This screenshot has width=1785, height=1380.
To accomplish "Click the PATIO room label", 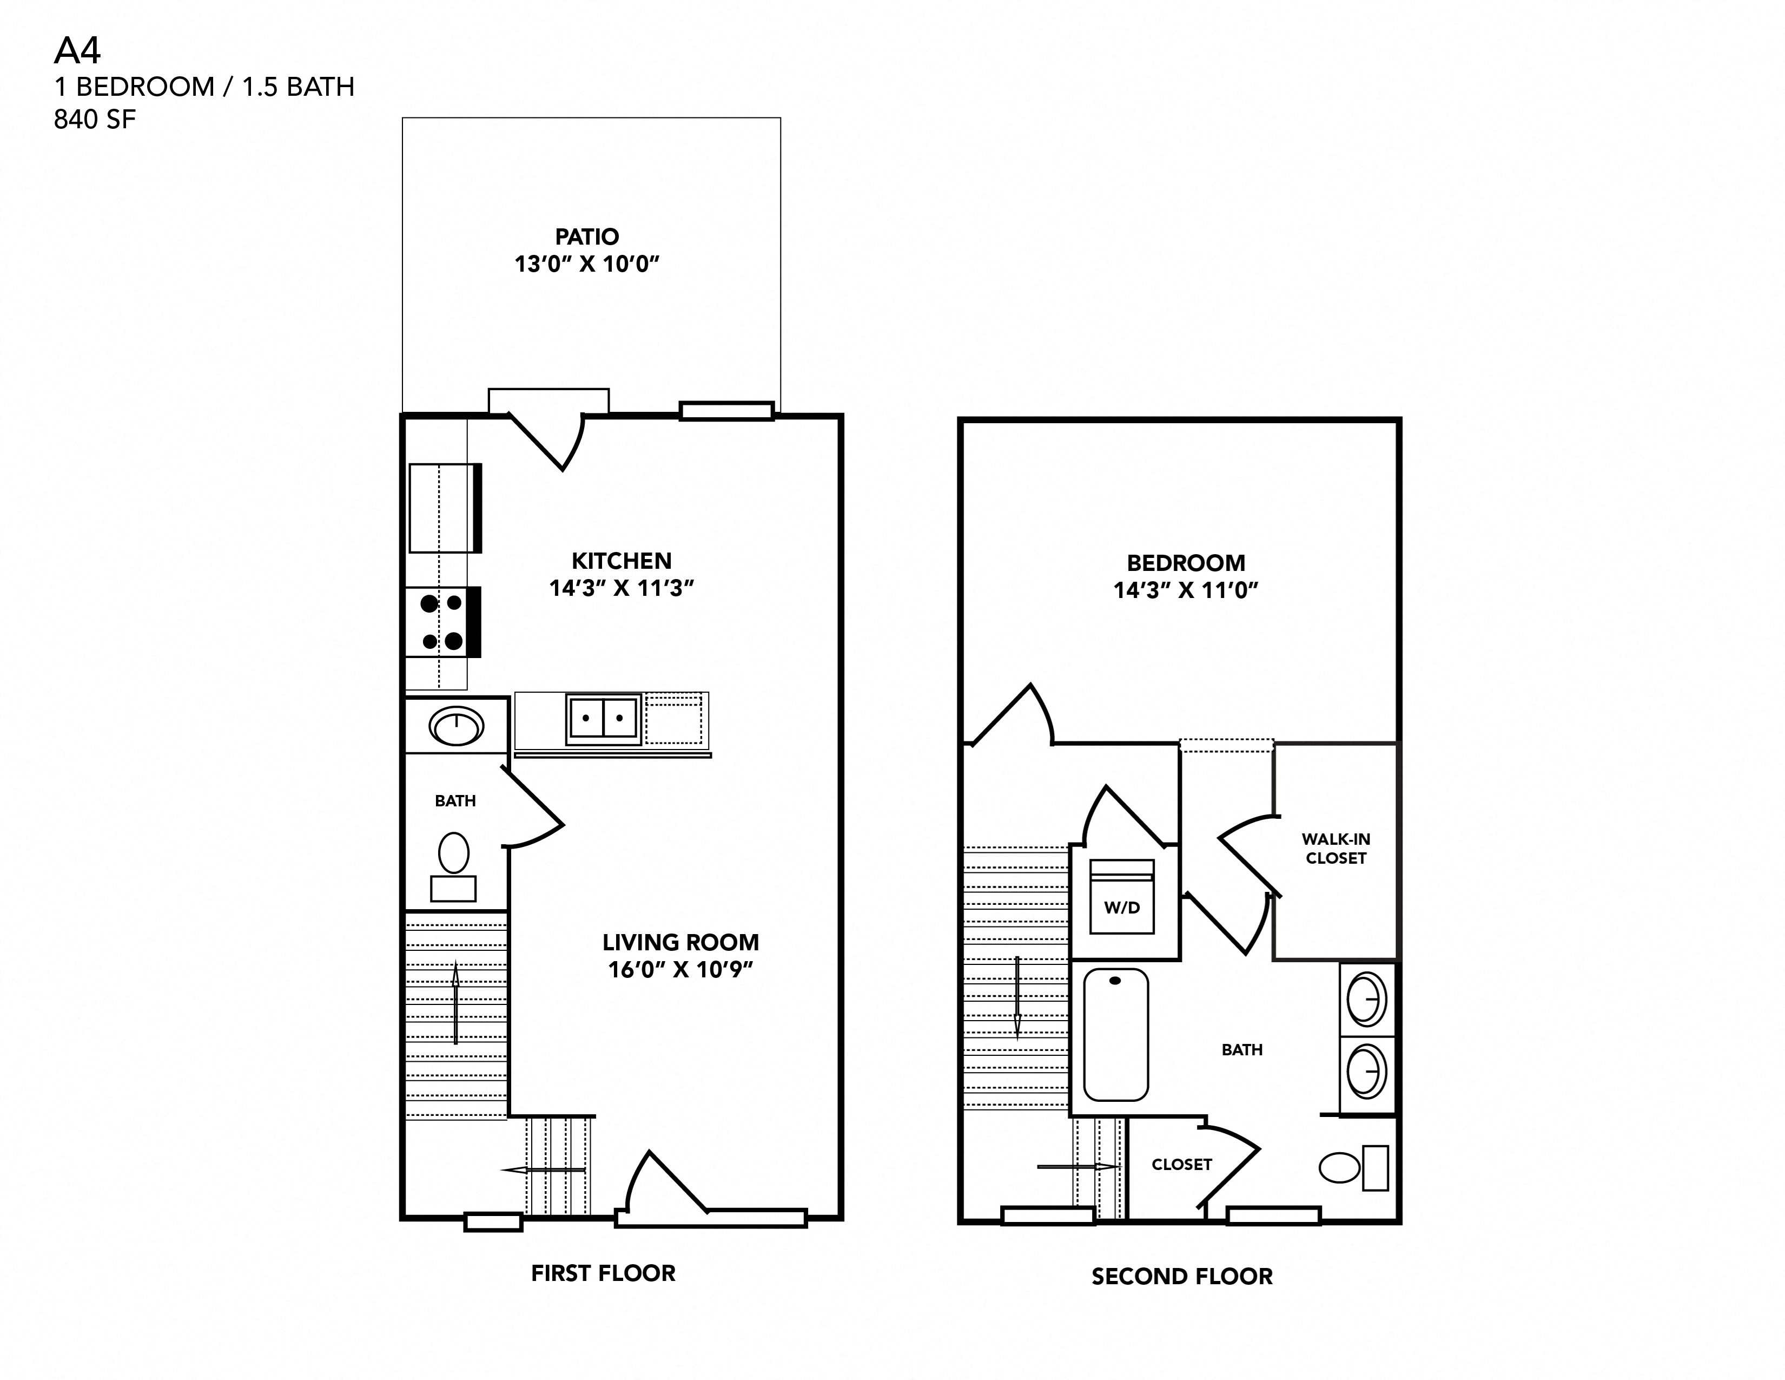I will [x=587, y=237].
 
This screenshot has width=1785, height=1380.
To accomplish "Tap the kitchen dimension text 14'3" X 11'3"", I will [x=621, y=588].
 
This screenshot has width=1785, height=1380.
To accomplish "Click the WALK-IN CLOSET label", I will [x=1336, y=849].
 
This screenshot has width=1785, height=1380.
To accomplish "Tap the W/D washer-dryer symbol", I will [x=1121, y=897].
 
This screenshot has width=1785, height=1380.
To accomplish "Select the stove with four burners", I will [x=441, y=622].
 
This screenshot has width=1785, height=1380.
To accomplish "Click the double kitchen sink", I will [x=603, y=719].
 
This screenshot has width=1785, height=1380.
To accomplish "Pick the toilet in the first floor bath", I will [x=454, y=865].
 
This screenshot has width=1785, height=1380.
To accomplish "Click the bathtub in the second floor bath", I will [x=1115, y=1035].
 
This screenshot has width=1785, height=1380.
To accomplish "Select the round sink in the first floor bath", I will [x=456, y=725].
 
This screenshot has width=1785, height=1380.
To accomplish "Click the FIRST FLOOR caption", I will [x=603, y=1273].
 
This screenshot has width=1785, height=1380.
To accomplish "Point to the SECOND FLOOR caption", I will [x=1182, y=1276].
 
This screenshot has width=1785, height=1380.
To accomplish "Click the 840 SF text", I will [x=95, y=120].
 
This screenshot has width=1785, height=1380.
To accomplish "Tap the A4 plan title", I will [x=77, y=51].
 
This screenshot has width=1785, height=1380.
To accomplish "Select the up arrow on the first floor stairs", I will [x=455, y=1005].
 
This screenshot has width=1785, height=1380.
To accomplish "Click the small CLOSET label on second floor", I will [x=1181, y=1164].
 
